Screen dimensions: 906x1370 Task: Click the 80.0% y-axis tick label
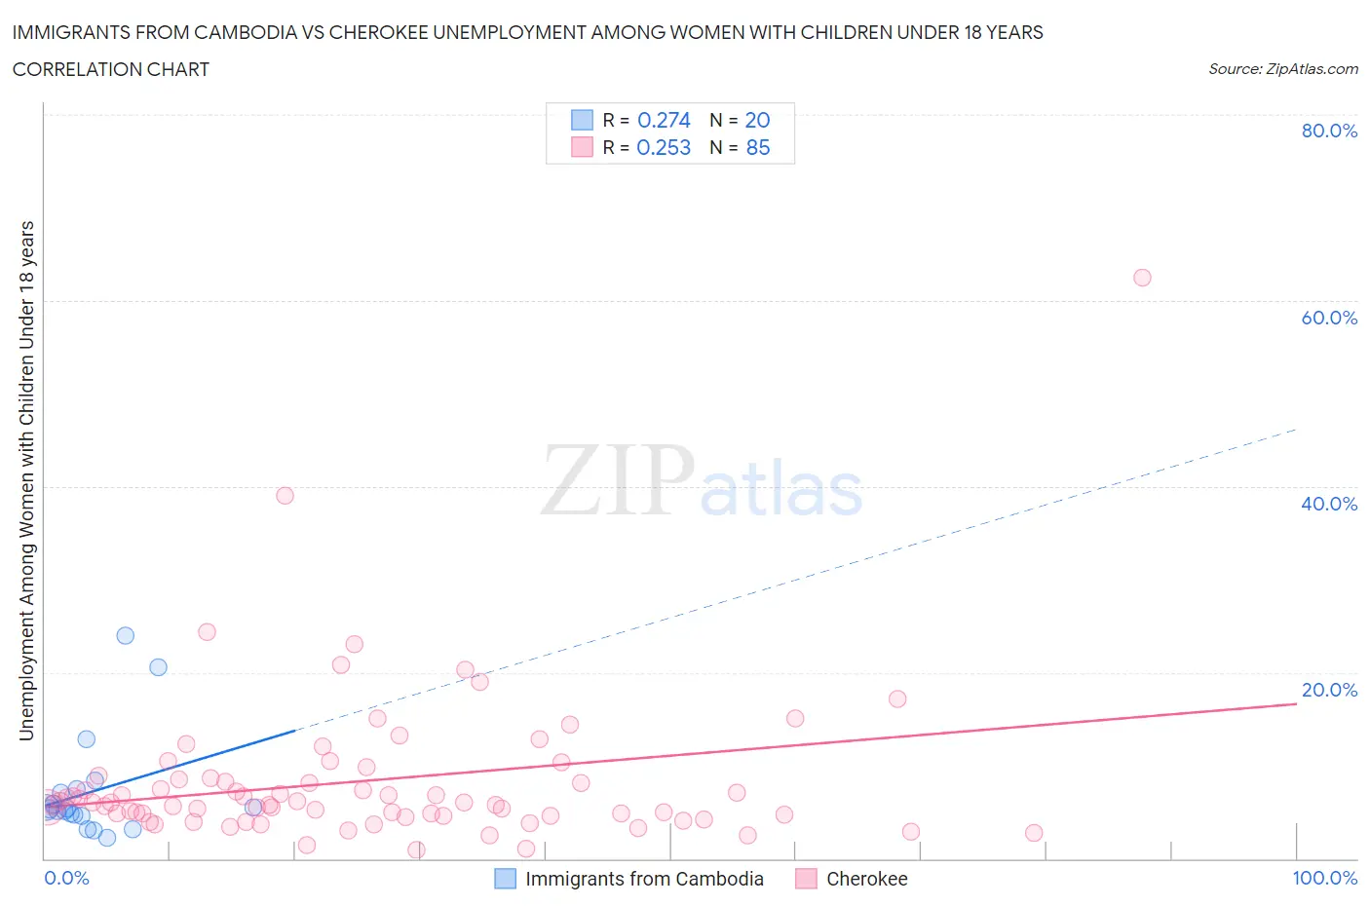click(1329, 131)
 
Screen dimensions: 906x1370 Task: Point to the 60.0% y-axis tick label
click(1329, 318)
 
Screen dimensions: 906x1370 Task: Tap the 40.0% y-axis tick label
click(1329, 504)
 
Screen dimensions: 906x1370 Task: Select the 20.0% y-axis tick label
click(1329, 690)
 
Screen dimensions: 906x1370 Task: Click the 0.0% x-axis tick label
click(66, 878)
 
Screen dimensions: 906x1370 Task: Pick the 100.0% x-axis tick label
click(1324, 878)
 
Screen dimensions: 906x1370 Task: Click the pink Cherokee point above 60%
click(1142, 278)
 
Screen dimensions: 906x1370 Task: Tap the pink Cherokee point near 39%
click(285, 495)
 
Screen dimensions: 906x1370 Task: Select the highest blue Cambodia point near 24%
click(126, 635)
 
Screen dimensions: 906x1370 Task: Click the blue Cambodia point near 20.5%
click(158, 667)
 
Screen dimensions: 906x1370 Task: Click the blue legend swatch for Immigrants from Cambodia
click(505, 879)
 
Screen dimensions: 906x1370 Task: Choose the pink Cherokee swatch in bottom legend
click(806, 879)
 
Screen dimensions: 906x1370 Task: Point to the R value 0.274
click(664, 120)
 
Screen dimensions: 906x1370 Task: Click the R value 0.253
click(664, 147)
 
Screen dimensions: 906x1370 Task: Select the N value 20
click(757, 120)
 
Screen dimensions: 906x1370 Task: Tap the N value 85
click(757, 147)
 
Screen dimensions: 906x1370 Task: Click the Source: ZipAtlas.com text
click(1282, 69)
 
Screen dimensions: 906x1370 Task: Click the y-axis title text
click(27, 480)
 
